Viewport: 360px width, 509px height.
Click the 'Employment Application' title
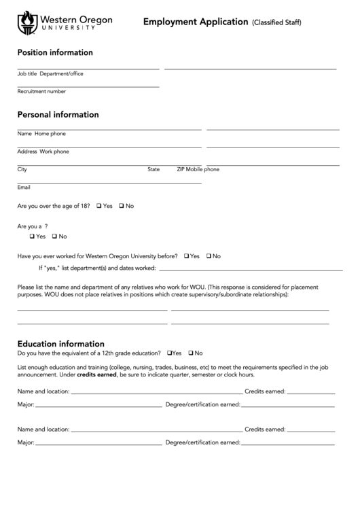(x=195, y=22)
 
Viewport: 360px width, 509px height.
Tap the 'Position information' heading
(x=55, y=52)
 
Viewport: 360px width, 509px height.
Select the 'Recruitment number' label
(x=41, y=91)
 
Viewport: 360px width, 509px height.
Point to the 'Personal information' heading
(x=58, y=114)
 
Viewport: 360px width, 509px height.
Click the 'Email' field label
(x=24, y=187)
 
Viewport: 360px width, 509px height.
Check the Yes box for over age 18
(x=99, y=206)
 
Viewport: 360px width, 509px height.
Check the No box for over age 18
(x=122, y=206)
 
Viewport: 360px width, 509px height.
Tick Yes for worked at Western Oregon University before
(x=186, y=256)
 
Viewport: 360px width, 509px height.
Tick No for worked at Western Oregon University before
(x=209, y=256)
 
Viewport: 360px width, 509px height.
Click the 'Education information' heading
(x=60, y=343)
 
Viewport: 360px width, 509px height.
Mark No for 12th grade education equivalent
(x=191, y=353)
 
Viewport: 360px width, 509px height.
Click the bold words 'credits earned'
(x=97, y=374)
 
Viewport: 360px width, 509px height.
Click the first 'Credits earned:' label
(x=265, y=391)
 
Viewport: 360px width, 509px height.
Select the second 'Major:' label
(x=26, y=442)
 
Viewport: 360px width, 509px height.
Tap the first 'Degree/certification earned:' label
(x=202, y=404)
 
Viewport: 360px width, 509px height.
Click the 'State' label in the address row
(x=154, y=169)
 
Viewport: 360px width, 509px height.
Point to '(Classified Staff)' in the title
(x=276, y=22)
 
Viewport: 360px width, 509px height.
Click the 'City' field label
(x=22, y=169)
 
